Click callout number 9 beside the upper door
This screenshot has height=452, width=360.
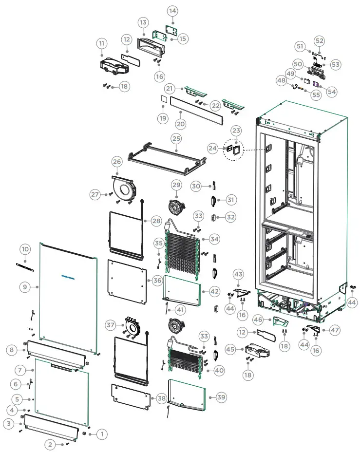[25, 287]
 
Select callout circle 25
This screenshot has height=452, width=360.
[176, 139]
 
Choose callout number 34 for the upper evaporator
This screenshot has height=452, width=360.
[214, 239]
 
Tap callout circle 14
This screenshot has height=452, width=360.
[172, 11]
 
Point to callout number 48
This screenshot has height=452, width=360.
[282, 79]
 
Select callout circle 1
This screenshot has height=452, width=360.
[102, 433]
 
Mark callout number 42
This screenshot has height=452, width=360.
[215, 291]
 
